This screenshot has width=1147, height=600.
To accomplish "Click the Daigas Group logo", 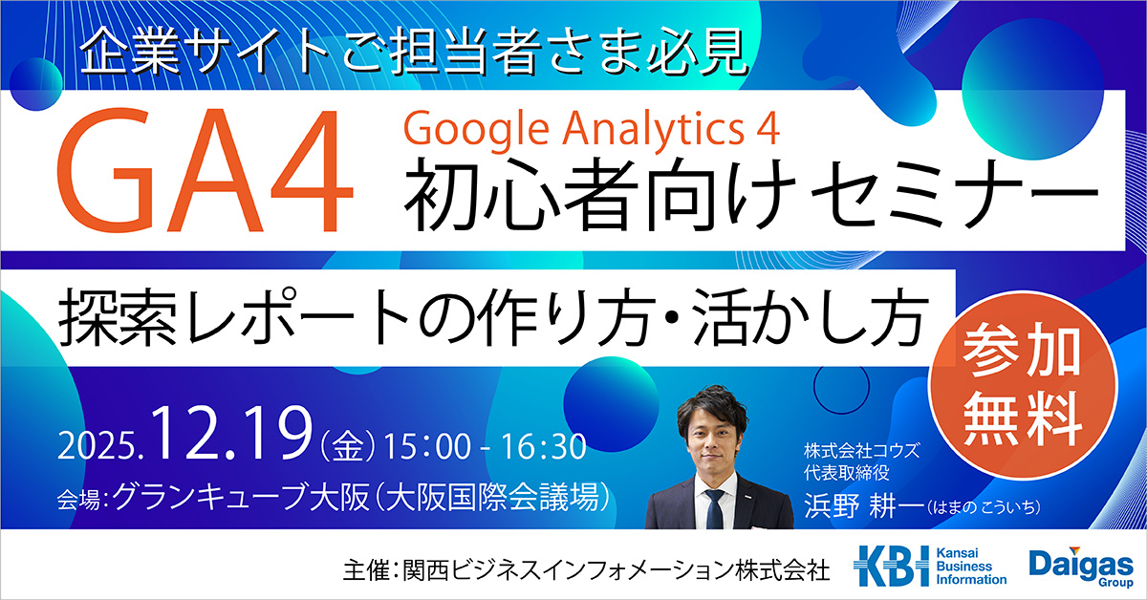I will (x=1080, y=566).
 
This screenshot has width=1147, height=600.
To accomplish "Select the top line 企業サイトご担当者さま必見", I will (x=412, y=58).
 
